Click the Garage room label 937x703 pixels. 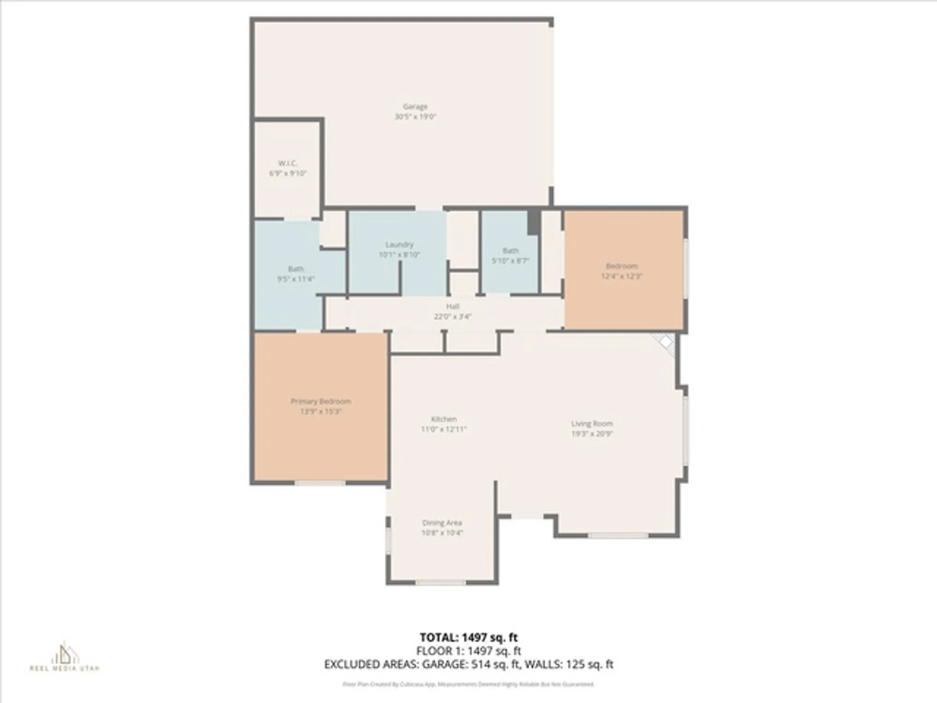pyautogui.click(x=415, y=107)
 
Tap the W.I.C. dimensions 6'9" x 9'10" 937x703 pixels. pyautogui.click(x=288, y=173)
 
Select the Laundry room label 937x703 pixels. pyautogui.click(x=399, y=245)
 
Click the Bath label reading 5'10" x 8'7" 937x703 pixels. pyautogui.click(x=510, y=256)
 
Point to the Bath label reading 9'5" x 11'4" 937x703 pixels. pyautogui.click(x=296, y=274)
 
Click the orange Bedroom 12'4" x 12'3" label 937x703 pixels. pyautogui.click(x=622, y=271)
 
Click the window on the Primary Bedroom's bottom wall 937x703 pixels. pyautogui.click(x=320, y=483)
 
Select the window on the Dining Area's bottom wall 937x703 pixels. pyautogui.click(x=440, y=583)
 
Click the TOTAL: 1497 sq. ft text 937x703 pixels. pyautogui.click(x=468, y=637)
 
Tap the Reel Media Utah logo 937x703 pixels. pyautogui.click(x=65, y=656)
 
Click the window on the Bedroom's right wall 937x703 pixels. pyautogui.click(x=685, y=269)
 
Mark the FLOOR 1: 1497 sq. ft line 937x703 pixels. pyautogui.click(x=468, y=651)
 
